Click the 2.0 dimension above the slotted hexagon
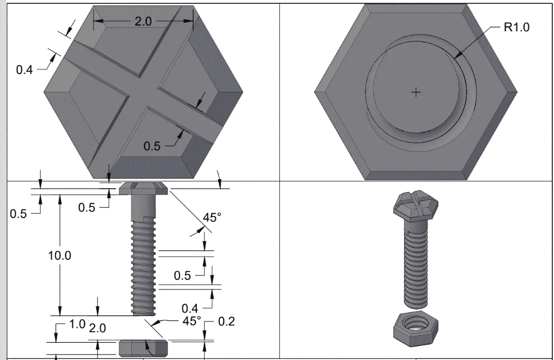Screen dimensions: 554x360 (x=143, y=22)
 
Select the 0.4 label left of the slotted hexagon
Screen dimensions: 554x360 (x=24, y=70)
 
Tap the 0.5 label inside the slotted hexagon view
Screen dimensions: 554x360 (x=152, y=146)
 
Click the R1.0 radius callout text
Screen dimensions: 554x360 (x=517, y=27)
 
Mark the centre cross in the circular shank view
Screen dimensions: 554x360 (x=416, y=92)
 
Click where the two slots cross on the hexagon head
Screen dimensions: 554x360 (x=143, y=92)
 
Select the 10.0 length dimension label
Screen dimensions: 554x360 (x=60, y=255)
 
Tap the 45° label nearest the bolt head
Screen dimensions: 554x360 (x=212, y=217)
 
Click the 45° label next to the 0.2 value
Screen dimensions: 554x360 (x=192, y=321)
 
